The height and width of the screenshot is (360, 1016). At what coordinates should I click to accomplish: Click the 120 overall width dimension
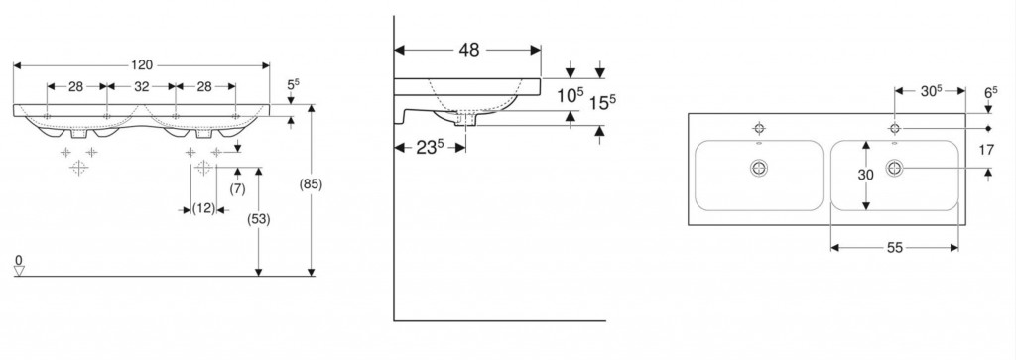[x=142, y=64]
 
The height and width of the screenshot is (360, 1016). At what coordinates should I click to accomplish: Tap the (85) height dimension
[x=311, y=184]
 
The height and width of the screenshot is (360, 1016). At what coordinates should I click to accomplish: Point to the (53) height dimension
[x=259, y=219]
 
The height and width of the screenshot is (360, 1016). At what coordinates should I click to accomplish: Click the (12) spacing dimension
[x=203, y=209]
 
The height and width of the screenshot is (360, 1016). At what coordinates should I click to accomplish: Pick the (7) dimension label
[x=238, y=189]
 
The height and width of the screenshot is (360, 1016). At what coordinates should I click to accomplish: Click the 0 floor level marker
[x=19, y=260]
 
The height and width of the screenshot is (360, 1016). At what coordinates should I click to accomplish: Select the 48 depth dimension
[x=469, y=50]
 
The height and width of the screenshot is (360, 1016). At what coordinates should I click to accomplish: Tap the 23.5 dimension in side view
[x=431, y=147]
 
